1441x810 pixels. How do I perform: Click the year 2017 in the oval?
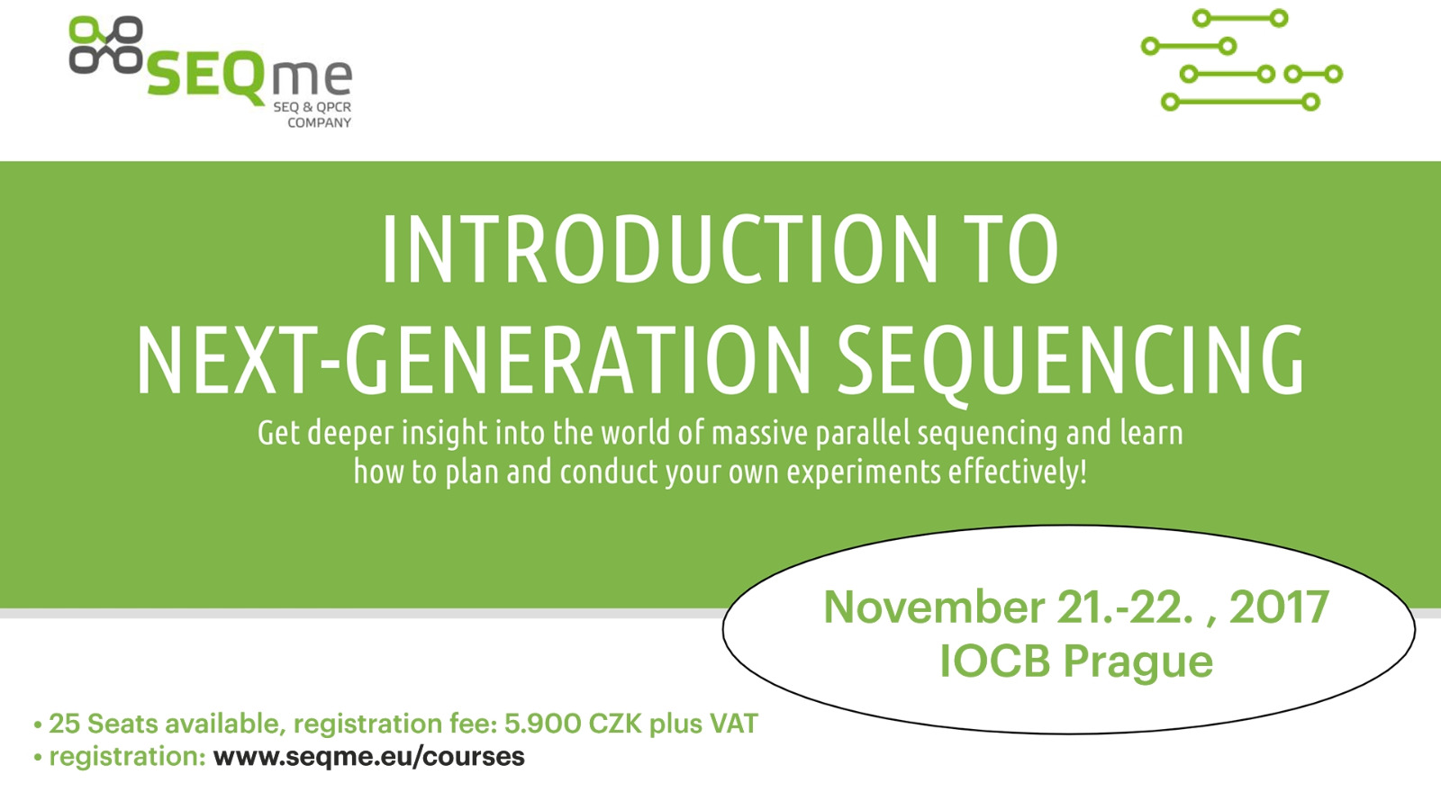(1279, 607)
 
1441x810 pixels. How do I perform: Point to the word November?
(934, 607)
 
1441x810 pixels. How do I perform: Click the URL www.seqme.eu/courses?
(369, 756)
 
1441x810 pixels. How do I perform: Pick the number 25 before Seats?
(64, 724)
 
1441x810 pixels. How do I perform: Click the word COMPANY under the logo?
(319, 122)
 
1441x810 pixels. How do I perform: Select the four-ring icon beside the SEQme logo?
(106, 45)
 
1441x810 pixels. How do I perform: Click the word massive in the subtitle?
(759, 433)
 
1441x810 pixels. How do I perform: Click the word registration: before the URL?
(127, 757)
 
